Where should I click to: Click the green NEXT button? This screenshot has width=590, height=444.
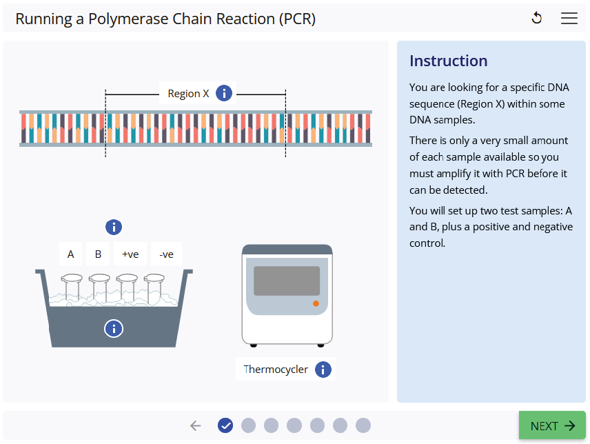[552, 425]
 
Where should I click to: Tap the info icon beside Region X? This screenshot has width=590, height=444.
[224, 93]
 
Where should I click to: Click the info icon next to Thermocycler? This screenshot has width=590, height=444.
[323, 370]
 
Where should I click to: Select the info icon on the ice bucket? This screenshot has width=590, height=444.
[114, 328]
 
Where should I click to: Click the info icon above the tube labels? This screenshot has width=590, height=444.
[114, 227]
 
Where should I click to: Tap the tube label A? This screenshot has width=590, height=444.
[70, 254]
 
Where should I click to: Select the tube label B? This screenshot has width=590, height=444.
[98, 254]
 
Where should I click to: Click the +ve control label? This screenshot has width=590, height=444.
[130, 254]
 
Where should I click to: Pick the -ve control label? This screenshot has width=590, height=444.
[166, 254]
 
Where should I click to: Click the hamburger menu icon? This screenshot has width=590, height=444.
[569, 19]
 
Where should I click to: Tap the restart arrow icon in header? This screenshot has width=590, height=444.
[537, 19]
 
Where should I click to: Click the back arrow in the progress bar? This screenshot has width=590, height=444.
[196, 425]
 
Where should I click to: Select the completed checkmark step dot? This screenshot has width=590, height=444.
[225, 425]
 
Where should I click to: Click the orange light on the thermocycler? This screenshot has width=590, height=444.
[316, 303]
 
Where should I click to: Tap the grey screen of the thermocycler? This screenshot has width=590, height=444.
[287, 281]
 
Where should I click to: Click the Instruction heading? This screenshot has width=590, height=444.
[448, 61]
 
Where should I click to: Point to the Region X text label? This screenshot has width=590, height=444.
[188, 93]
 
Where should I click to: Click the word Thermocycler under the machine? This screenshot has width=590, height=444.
[276, 370]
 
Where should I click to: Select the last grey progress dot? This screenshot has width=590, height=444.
[363, 425]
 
